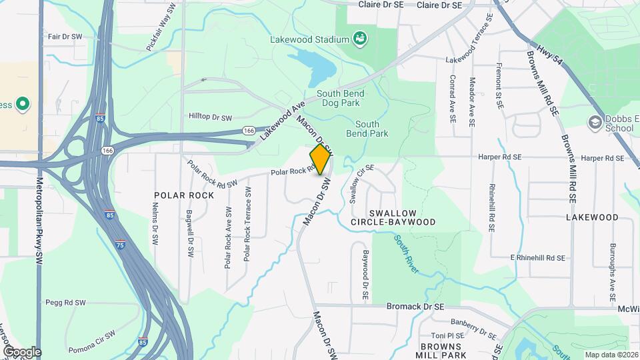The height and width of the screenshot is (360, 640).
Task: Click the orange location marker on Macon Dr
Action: click(320, 159)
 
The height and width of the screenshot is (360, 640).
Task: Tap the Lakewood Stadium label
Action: click(310, 39)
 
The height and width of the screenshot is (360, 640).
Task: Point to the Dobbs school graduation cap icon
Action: click(595, 122)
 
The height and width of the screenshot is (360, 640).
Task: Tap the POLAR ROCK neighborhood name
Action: click(184, 195)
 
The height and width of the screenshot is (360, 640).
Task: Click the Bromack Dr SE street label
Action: click(415, 307)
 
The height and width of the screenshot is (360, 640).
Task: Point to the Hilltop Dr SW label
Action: click(211, 117)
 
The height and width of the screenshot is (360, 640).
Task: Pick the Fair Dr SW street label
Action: click(65, 36)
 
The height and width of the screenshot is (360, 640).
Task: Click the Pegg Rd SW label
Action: click(66, 303)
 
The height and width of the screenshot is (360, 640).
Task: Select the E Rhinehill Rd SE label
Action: click(537, 257)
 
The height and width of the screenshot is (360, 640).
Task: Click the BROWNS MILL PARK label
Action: click(441, 351)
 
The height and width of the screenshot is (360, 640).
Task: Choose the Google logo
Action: click(21, 352)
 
